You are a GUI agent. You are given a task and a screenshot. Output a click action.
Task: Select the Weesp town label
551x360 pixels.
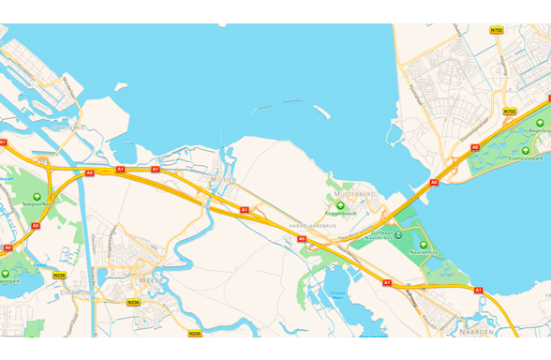coord(151,279)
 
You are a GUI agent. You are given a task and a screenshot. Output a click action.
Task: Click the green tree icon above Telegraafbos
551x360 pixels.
coord(37,195)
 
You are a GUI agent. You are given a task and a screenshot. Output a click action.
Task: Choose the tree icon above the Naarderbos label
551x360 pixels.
coord(424,244)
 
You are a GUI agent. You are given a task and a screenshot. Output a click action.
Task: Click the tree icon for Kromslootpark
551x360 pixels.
coord(525,150)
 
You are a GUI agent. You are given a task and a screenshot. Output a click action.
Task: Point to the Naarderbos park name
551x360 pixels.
coord(424,252)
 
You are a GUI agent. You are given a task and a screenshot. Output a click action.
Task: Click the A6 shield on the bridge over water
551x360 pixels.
coord(434,182)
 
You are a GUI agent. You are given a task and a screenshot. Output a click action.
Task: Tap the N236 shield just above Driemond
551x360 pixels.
coord(59,276)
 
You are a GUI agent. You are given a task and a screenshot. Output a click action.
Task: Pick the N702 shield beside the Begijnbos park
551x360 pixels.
coord(509,111)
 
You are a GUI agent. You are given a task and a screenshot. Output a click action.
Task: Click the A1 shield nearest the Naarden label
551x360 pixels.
coord(478,291)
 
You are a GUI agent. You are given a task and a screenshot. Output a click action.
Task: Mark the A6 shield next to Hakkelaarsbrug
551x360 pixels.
coord(302,239)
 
